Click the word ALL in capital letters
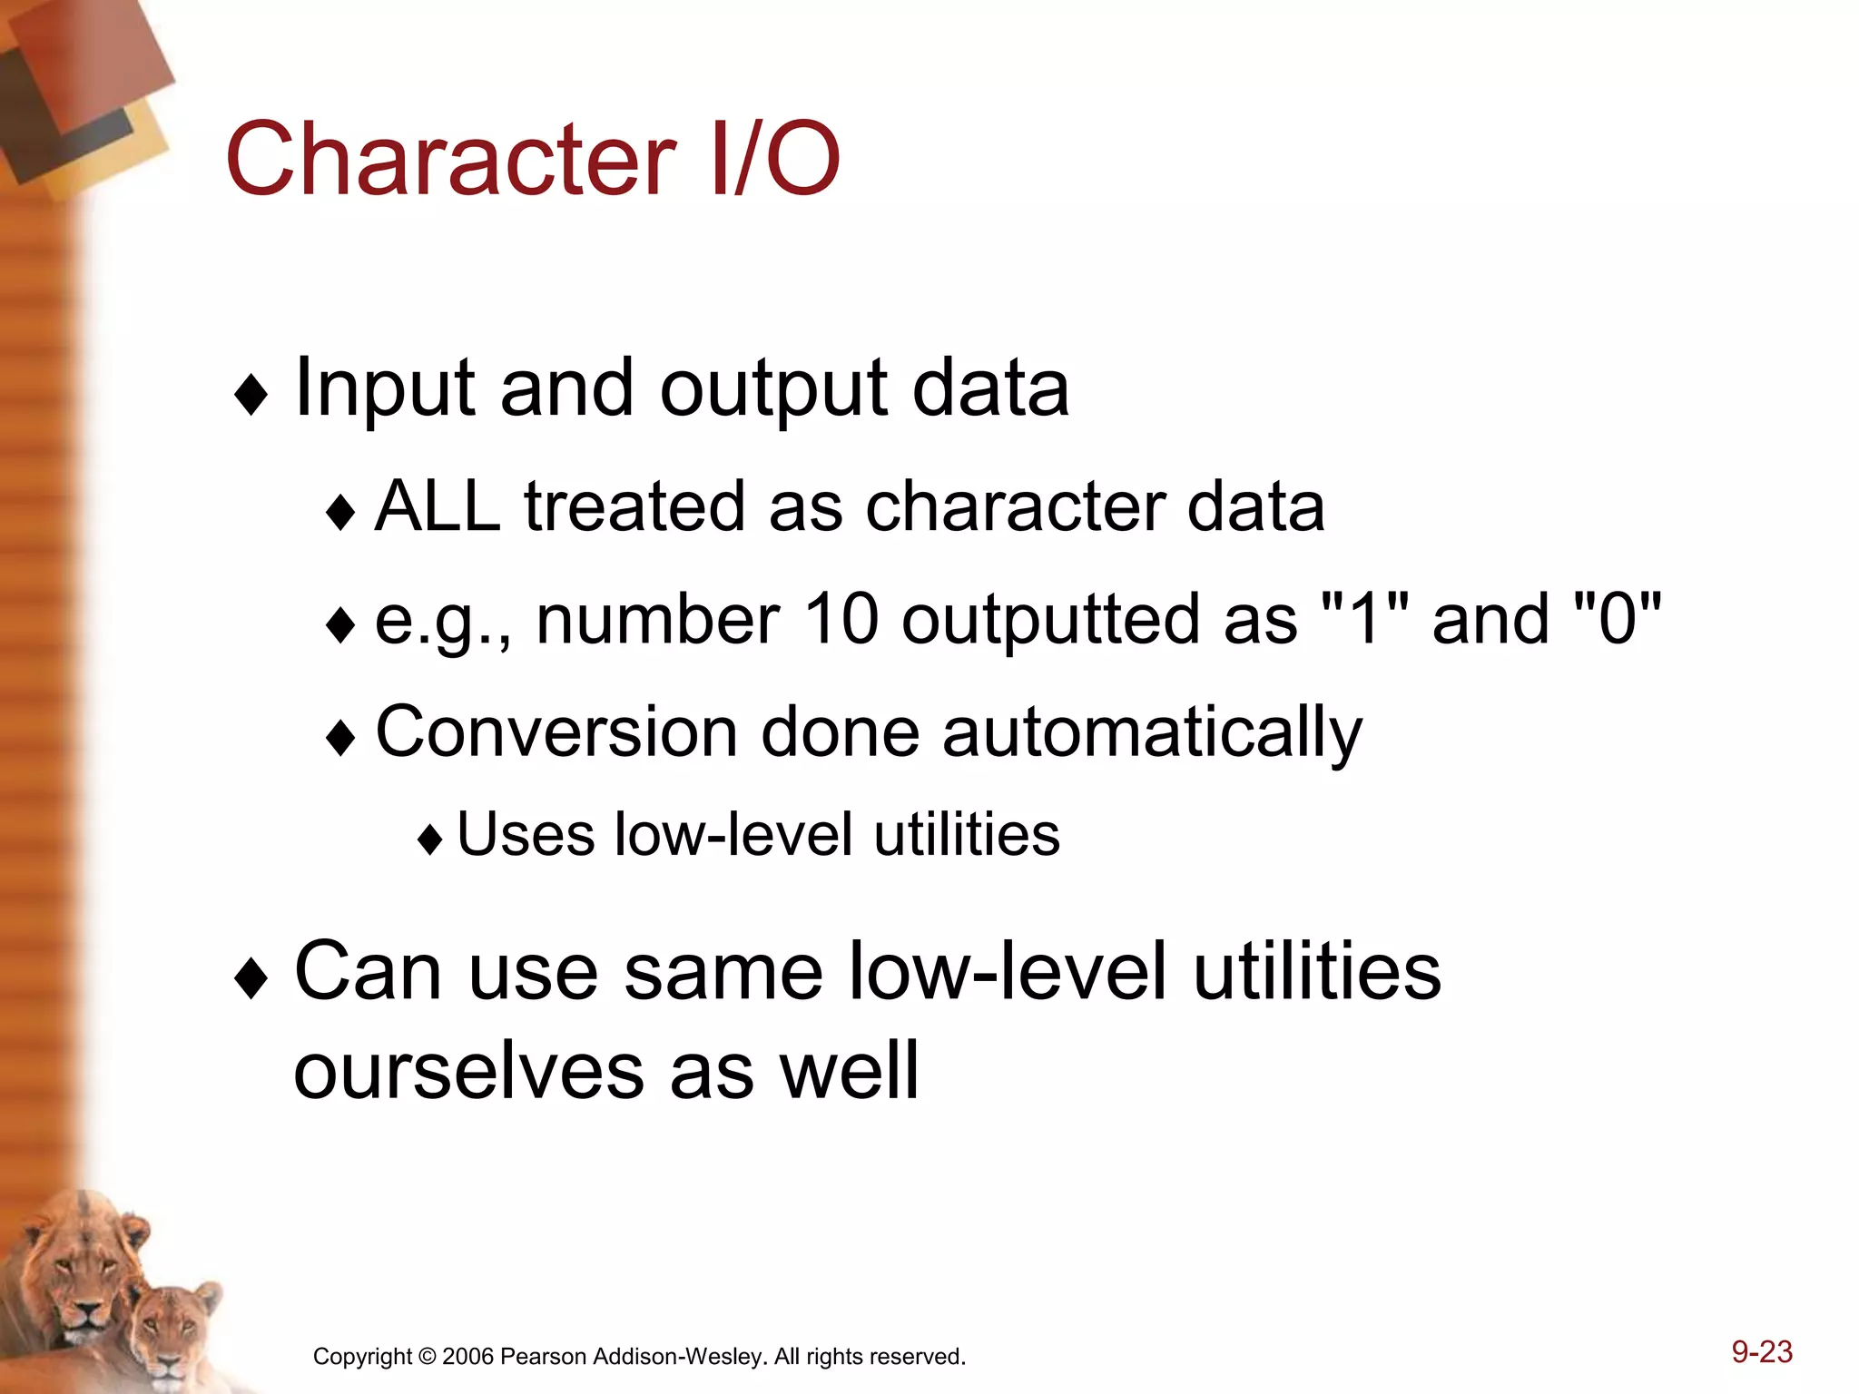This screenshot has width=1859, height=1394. tap(438, 506)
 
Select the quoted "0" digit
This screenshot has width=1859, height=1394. tap(1617, 619)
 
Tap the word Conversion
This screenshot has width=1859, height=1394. tap(556, 731)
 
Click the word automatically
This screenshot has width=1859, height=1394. tap(1152, 733)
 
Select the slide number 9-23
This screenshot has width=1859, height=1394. tap(1762, 1351)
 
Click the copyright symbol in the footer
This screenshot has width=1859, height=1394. tap(427, 1357)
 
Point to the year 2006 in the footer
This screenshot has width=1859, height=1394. tap(467, 1357)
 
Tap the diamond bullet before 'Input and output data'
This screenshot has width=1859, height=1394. tap(251, 396)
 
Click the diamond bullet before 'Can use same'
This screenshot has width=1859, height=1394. tap(251, 980)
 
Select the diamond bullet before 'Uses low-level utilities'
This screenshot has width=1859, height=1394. tap(430, 840)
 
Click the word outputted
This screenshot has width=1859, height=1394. tap(1054, 621)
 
